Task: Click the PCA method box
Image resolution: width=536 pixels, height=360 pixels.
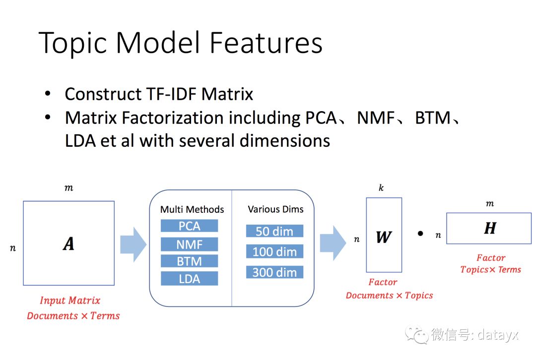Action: point(189,226)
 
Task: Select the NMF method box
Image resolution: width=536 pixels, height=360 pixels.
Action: point(189,244)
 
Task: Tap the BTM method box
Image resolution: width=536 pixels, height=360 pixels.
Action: point(189,261)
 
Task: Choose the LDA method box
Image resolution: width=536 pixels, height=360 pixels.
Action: point(189,279)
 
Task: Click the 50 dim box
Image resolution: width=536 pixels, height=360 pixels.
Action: point(274,231)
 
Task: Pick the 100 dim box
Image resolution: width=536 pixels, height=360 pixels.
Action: point(274,251)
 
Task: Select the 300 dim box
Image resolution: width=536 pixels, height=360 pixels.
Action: point(274,272)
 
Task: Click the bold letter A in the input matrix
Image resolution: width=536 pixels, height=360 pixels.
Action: point(68,243)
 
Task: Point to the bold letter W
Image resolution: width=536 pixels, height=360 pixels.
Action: point(383,237)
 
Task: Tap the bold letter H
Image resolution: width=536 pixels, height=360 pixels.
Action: point(490,228)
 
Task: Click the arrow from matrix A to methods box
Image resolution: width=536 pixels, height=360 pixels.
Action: point(133,243)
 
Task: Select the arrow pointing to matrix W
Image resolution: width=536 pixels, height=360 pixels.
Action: point(332,242)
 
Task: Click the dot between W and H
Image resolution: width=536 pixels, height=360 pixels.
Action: point(420,233)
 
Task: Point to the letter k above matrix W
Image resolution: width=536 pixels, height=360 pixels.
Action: point(381,188)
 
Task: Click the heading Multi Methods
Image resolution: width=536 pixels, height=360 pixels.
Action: point(192,209)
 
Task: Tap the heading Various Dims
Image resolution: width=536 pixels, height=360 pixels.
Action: point(275,209)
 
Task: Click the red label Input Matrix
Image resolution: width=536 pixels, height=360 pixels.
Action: point(70,300)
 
